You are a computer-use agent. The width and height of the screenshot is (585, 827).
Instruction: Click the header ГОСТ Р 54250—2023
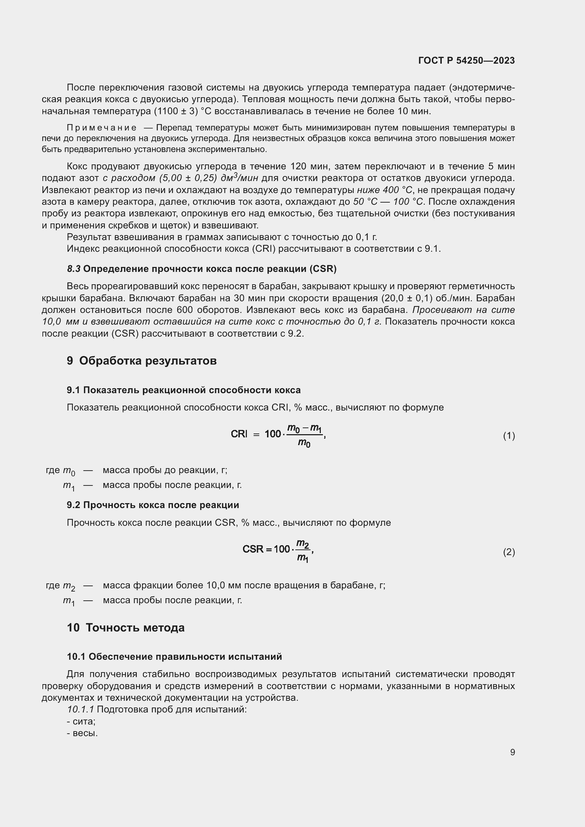tap(467, 60)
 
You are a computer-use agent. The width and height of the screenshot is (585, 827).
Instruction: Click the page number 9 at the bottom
tap(512, 752)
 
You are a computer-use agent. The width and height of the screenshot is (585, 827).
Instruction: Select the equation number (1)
tap(509, 436)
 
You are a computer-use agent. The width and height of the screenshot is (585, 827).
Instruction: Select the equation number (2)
tap(509, 552)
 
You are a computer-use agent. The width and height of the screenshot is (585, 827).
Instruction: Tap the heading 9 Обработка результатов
tap(141, 361)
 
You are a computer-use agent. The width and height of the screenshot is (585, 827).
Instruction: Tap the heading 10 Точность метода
tap(126, 628)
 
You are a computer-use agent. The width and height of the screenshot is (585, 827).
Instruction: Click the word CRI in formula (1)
tap(239, 434)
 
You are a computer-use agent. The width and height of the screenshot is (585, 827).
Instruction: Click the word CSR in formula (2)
tap(253, 549)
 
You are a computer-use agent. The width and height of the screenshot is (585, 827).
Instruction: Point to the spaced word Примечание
tap(102, 128)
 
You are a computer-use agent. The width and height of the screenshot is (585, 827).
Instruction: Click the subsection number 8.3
tap(74, 269)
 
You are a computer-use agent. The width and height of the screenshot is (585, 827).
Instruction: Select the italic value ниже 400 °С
tap(384, 190)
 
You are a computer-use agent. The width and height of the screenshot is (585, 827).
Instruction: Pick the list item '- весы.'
tap(82, 733)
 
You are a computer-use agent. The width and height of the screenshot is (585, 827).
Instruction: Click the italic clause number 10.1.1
tap(80, 710)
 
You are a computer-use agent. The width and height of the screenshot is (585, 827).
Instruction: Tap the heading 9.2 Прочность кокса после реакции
tap(153, 505)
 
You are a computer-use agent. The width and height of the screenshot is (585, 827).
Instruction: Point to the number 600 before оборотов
tap(185, 310)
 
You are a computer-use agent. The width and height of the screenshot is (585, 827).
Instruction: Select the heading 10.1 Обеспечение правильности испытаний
tap(174, 657)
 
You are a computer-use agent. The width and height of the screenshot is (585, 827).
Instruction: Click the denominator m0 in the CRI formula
tap(304, 443)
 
